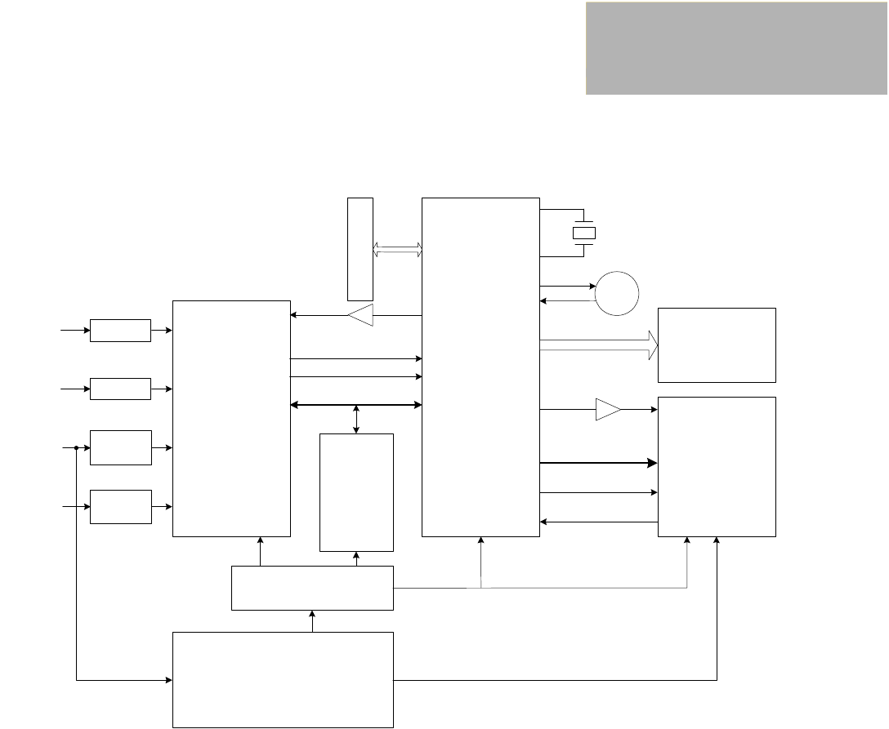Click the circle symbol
pos(617,294)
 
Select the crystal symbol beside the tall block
pos(584,233)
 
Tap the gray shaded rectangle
pos(736,48)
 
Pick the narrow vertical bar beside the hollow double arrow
pos(360,248)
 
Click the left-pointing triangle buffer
pos(360,315)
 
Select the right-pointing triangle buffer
pos(608,410)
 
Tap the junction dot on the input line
pos(76,447)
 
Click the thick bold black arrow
pos(599,463)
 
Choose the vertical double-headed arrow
pos(356,419)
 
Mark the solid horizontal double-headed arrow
pos(356,405)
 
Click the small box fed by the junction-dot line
pos(120,447)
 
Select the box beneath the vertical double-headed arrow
pos(356,492)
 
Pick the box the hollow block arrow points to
pos(717,344)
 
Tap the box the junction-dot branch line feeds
pos(283,679)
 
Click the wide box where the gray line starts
pos(312,588)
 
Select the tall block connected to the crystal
pos(480,367)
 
